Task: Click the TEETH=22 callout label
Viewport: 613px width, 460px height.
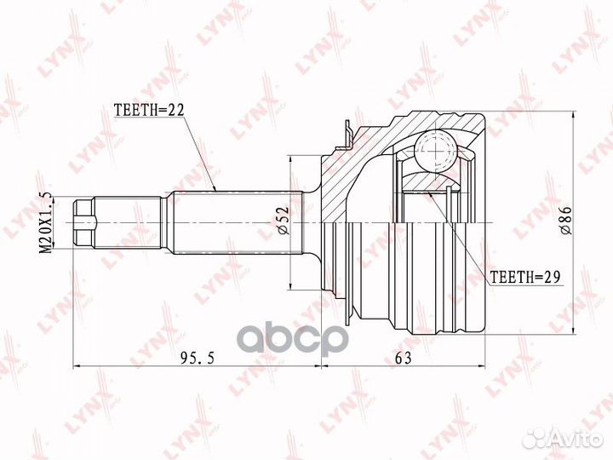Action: [148, 111]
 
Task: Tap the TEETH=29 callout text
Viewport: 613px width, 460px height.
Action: [525, 277]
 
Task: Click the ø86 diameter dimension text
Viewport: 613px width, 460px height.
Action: [566, 220]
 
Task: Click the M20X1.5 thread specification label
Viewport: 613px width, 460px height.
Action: [47, 222]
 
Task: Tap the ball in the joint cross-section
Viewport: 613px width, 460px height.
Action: [435, 151]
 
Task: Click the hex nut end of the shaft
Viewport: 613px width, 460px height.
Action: [84, 222]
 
